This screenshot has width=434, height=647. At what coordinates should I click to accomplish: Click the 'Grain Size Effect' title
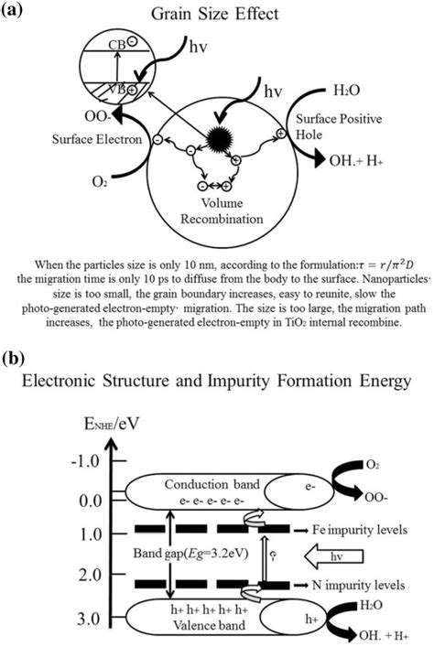[x=215, y=14]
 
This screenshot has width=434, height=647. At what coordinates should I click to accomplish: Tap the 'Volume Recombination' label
[x=222, y=210]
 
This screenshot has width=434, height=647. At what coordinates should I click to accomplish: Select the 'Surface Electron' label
[x=97, y=139]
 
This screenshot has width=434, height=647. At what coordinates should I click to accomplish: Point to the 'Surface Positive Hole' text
[x=339, y=126]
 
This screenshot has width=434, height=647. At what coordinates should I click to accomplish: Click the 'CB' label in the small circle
[x=117, y=44]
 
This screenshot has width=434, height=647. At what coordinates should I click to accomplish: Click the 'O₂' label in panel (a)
[x=100, y=181]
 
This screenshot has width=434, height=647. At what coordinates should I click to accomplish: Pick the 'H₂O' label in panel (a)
[x=347, y=91]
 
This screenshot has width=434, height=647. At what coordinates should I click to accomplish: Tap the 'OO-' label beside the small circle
[x=97, y=116]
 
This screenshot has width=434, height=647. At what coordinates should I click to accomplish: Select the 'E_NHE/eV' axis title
[x=112, y=425]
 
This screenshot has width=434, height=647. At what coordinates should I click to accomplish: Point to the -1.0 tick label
[x=85, y=460]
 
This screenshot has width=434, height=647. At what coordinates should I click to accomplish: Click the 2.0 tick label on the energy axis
[x=90, y=575]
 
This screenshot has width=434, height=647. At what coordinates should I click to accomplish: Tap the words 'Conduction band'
[x=212, y=484]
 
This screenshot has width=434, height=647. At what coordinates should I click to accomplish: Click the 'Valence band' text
[x=209, y=625]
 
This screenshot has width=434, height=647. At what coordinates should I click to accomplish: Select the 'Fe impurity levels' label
[x=360, y=529]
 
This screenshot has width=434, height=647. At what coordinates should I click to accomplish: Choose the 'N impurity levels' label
[x=358, y=585]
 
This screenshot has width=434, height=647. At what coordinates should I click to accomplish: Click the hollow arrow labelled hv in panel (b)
[x=333, y=556]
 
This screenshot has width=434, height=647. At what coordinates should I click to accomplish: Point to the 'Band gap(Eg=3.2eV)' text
[x=190, y=554]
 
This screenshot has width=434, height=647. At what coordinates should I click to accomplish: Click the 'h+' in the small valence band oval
[x=311, y=620]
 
